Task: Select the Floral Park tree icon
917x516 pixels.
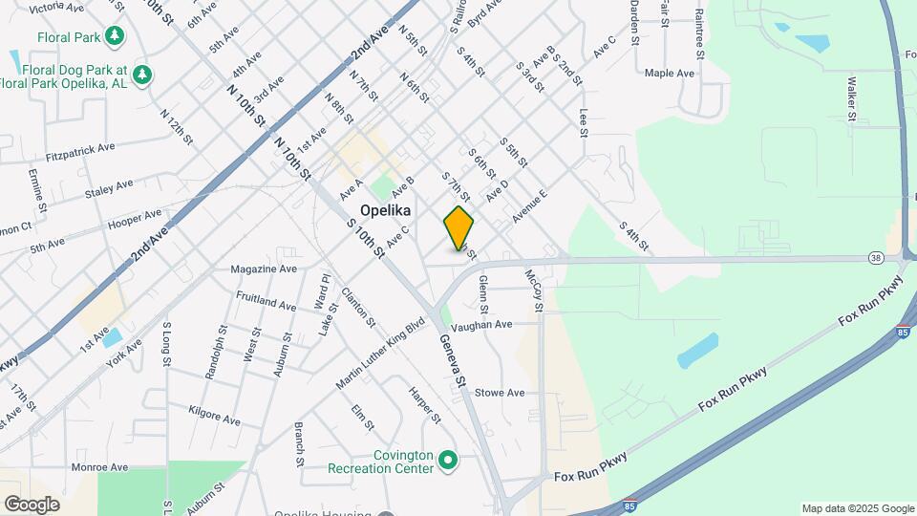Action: click(x=116, y=36)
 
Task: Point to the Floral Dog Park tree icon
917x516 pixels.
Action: click(x=142, y=74)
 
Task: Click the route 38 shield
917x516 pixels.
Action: click(x=876, y=257)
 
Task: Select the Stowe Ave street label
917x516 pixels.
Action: click(x=500, y=393)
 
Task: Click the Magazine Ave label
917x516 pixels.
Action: click(x=264, y=269)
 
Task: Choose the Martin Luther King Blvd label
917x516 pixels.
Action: click(x=379, y=355)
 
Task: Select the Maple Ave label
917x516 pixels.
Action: click(x=669, y=73)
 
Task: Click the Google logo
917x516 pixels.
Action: click(x=32, y=505)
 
